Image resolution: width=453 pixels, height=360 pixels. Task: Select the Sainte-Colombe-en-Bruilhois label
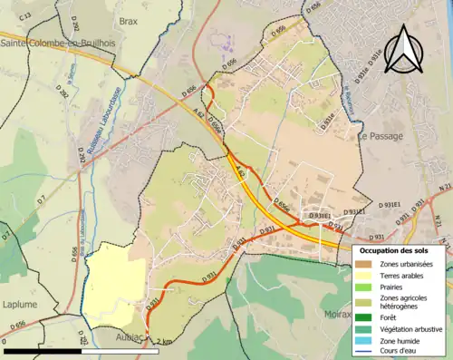tap(51, 43)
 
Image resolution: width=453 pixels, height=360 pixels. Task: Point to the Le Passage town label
tap(380, 136)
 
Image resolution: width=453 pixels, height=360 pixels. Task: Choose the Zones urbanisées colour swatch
tap(366, 264)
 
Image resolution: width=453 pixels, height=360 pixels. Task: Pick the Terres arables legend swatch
tap(366, 276)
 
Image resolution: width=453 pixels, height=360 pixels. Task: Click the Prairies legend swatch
tap(366, 287)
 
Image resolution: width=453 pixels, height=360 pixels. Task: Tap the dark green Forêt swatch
tap(366, 317)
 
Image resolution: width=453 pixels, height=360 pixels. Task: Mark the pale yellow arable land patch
tap(113, 281)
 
